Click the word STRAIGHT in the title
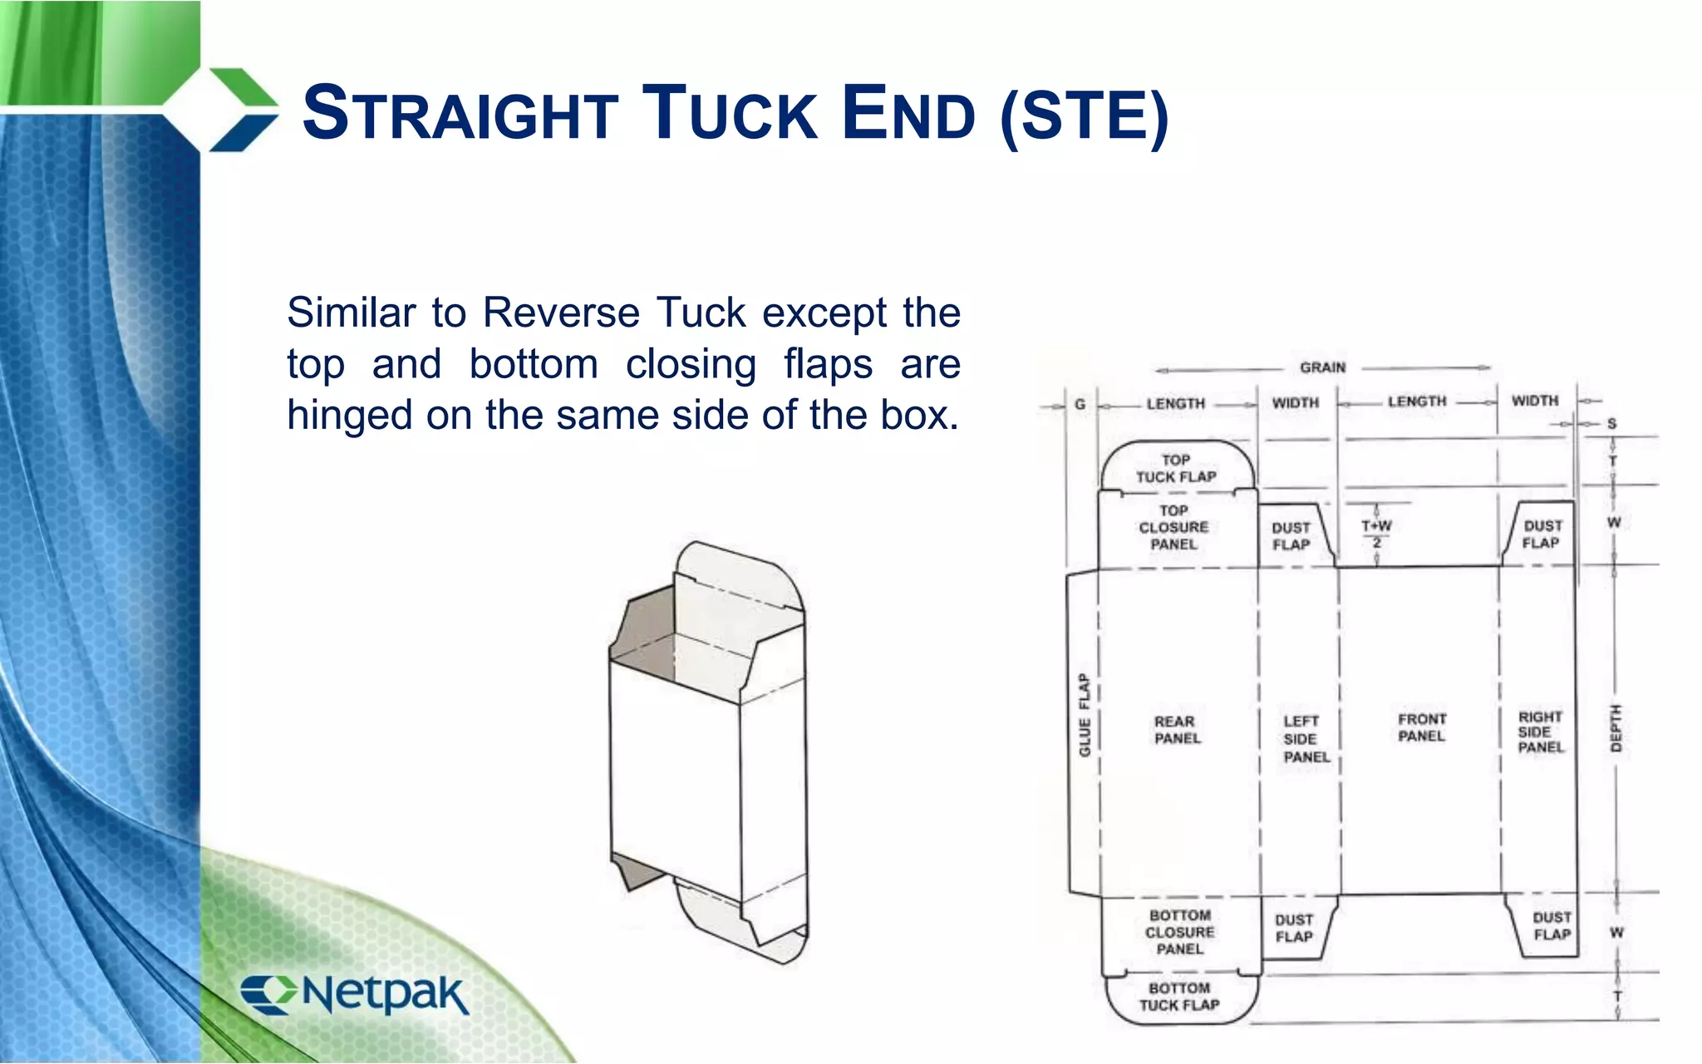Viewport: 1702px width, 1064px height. point(460,114)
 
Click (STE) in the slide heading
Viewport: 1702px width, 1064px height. point(1085,116)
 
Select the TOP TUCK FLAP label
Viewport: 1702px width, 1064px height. point(1176,469)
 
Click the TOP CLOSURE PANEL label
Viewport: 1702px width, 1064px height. point(1173,527)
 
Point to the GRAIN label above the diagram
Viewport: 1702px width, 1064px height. point(1322,367)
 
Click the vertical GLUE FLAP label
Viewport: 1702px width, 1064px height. point(1084,715)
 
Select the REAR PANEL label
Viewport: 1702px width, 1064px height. point(1177,730)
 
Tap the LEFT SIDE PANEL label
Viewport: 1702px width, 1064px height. point(1304,739)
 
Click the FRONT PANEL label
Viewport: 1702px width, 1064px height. point(1422,727)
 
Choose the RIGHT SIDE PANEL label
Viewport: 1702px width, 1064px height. point(1540,731)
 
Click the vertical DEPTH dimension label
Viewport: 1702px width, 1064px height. point(1616,728)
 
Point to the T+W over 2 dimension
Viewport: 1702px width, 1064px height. point(1376,533)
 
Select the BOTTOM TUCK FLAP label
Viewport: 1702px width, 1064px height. point(1179,997)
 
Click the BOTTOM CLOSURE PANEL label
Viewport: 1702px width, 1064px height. point(1179,932)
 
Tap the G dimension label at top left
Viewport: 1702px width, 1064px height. point(1080,404)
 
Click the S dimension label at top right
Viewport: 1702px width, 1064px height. point(1611,424)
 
